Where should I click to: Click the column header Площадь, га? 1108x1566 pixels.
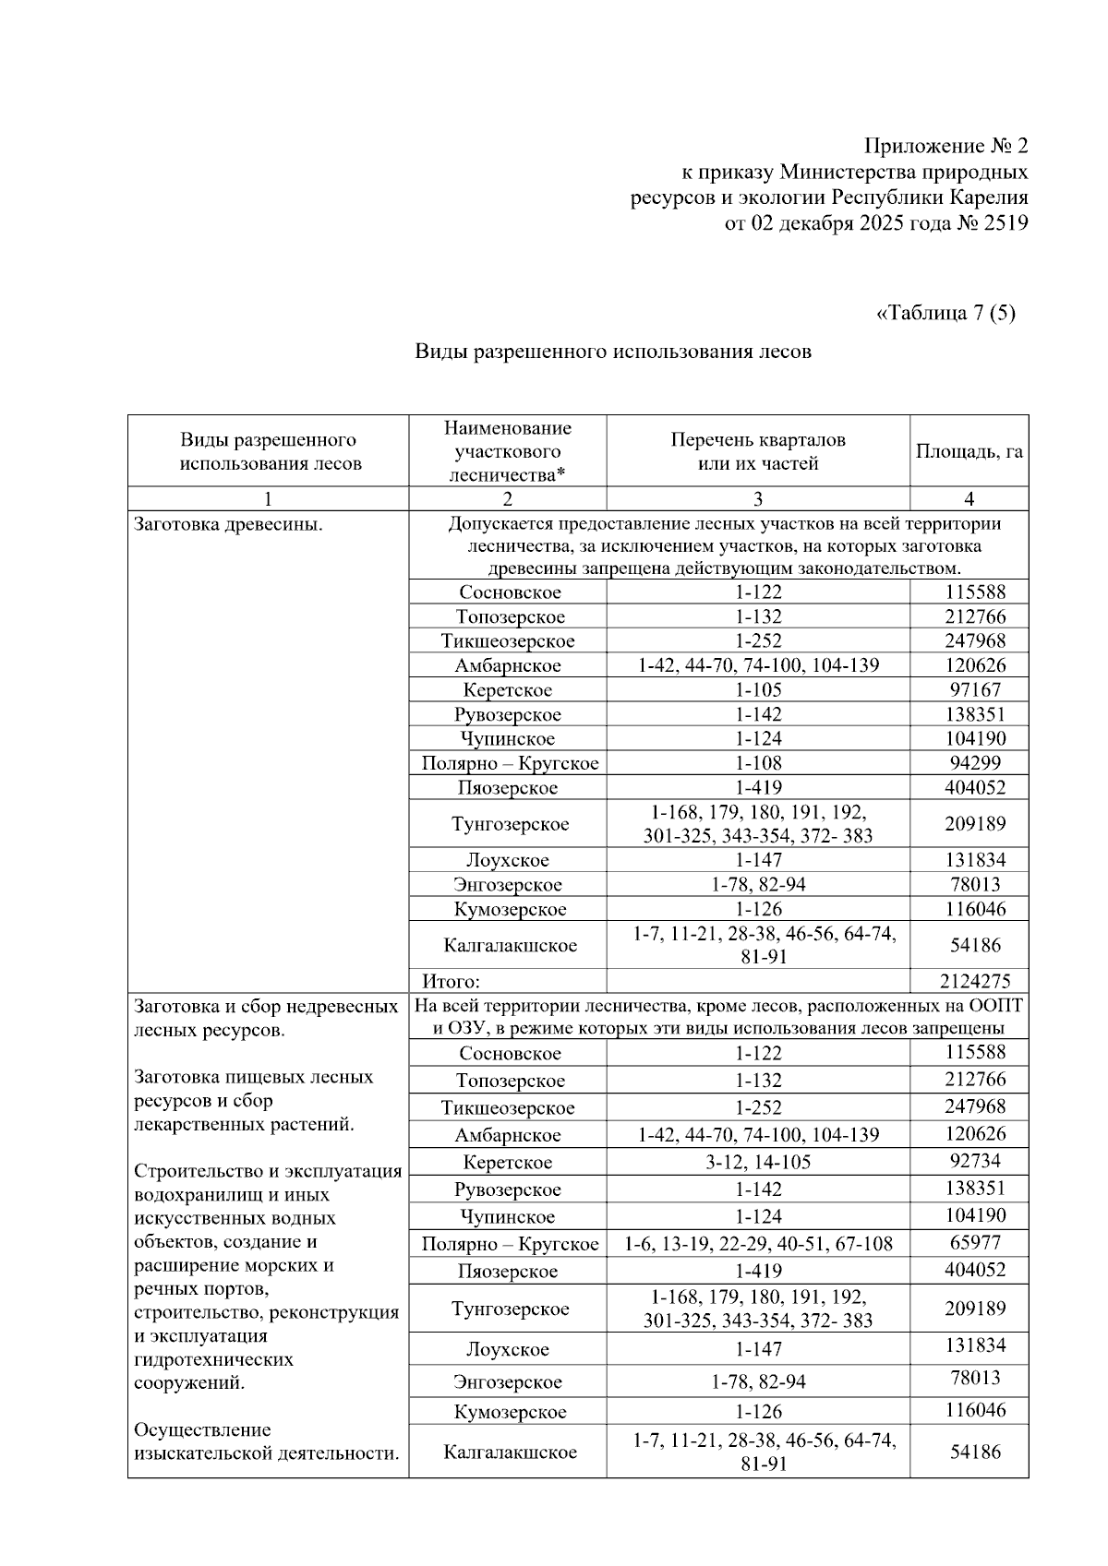pyautogui.click(x=969, y=451)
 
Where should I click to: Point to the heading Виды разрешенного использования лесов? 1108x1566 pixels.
pyautogui.click(x=612, y=351)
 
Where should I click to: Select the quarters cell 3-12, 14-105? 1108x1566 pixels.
pyautogui.click(x=757, y=1162)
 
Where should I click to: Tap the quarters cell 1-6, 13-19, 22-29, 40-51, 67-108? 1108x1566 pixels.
pyautogui.click(x=757, y=1244)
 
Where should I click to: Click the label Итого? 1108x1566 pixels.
pyautogui.click(x=452, y=981)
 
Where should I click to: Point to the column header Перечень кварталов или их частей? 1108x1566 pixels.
pyautogui.click(x=757, y=451)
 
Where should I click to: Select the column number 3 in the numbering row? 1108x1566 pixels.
pyautogui.click(x=757, y=499)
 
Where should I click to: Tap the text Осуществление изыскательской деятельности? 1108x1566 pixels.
pyautogui.click(x=266, y=1441)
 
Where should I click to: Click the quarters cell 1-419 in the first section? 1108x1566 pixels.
pyautogui.click(x=757, y=787)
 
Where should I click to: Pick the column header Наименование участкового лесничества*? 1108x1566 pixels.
pyautogui.click(x=507, y=451)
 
